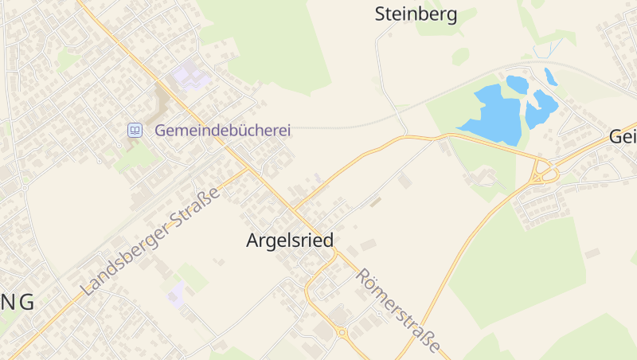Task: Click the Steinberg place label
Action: click(x=416, y=14)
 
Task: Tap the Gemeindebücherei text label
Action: click(x=222, y=129)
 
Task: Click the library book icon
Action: click(x=135, y=129)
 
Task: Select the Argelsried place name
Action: click(x=289, y=240)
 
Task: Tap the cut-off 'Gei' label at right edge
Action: click(x=623, y=136)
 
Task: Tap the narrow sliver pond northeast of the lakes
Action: click(x=550, y=76)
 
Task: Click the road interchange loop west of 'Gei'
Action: click(x=544, y=170)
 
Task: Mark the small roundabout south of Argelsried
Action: click(x=342, y=332)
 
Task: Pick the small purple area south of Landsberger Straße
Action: click(x=176, y=294)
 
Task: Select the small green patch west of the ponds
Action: click(x=460, y=57)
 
